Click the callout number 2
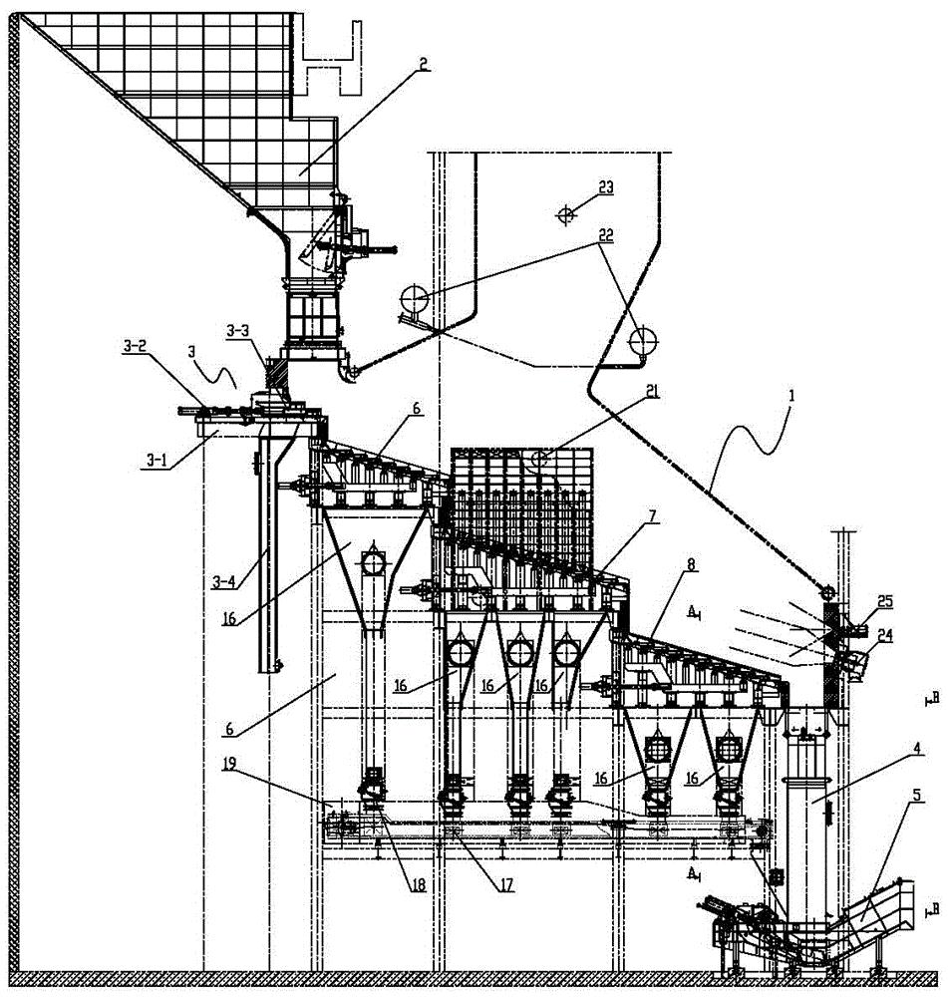pyautogui.click(x=423, y=64)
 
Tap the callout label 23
pyautogui.click(x=605, y=187)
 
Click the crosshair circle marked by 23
pyautogui.click(x=565, y=215)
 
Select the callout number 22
pyautogui.click(x=605, y=234)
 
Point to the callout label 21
pyautogui.click(x=651, y=391)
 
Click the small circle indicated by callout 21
pyautogui.click(x=540, y=458)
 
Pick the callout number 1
pyautogui.click(x=790, y=395)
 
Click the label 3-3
pyautogui.click(x=237, y=331)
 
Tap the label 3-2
pyautogui.click(x=135, y=346)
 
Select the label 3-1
pyautogui.click(x=157, y=460)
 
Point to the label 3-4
pyautogui.click(x=222, y=580)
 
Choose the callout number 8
pyautogui.click(x=691, y=563)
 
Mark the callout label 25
pyautogui.click(x=885, y=601)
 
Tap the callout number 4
pyautogui.click(x=917, y=751)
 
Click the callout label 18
pyautogui.click(x=418, y=884)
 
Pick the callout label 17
pyautogui.click(x=506, y=884)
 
